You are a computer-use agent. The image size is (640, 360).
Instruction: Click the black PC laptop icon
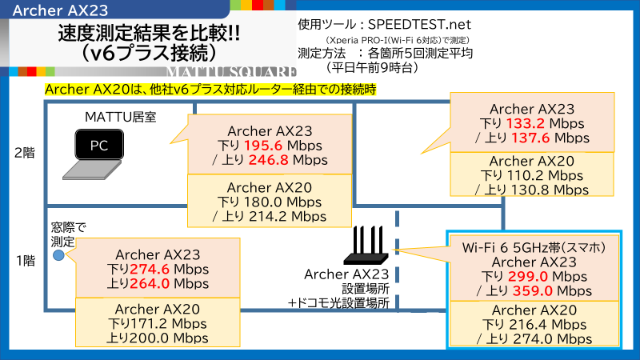point(94,154)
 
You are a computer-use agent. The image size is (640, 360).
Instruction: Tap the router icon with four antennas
point(366,246)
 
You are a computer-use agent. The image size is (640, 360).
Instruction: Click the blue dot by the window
point(58,255)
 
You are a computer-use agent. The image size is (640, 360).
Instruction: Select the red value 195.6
point(263,146)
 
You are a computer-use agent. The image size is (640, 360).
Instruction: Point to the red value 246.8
point(268,160)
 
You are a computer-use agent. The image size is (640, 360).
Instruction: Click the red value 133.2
point(526,123)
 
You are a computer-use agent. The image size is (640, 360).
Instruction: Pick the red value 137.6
point(530,138)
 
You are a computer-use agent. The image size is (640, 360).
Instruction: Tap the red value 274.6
point(150,270)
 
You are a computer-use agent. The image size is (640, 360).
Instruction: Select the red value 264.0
point(150,284)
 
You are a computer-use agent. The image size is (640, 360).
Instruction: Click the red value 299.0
point(528,276)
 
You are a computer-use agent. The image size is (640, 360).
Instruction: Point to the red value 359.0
point(532,291)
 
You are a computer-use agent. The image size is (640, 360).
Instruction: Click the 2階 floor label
point(25,153)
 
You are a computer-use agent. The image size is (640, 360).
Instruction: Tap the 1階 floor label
point(26,261)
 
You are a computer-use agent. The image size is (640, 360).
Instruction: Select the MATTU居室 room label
point(121,117)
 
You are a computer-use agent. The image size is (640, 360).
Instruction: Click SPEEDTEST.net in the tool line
point(419,25)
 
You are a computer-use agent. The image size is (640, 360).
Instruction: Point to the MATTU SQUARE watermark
point(231,72)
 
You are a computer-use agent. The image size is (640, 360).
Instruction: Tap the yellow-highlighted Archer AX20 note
point(210,90)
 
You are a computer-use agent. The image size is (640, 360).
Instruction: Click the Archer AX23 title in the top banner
point(61,10)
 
